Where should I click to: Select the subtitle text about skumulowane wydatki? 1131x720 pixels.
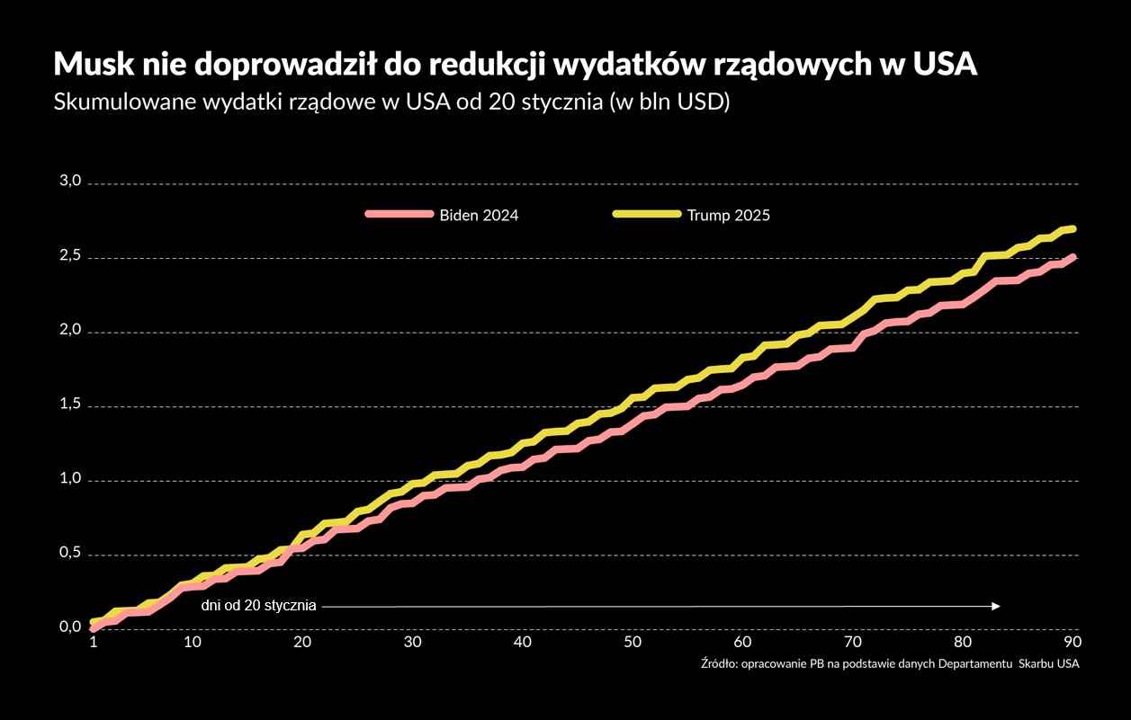pos(390,102)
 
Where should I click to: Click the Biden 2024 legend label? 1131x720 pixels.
pos(478,215)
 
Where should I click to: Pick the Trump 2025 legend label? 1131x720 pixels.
pos(728,215)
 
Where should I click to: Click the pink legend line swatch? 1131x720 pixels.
pos(399,215)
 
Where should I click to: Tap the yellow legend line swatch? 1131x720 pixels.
pos(646,215)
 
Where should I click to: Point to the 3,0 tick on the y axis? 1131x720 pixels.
pos(71,182)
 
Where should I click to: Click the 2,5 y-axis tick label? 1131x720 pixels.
pos(71,256)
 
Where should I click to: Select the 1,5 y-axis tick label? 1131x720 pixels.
pos(71,405)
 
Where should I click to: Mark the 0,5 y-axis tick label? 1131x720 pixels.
pos(71,554)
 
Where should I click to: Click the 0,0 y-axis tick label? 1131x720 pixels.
pos(71,627)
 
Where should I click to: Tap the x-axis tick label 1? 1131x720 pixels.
pos(93,643)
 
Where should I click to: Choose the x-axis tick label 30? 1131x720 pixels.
pos(413,643)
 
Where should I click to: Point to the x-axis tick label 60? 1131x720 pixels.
pos(742,643)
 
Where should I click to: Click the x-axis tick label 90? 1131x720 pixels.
pos(1073,643)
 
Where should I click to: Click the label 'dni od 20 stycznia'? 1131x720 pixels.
pos(258,606)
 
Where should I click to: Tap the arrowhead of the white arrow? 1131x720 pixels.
pos(996,606)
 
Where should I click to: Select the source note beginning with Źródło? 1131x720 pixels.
pos(889,664)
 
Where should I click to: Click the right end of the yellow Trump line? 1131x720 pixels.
pos(1073,228)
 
